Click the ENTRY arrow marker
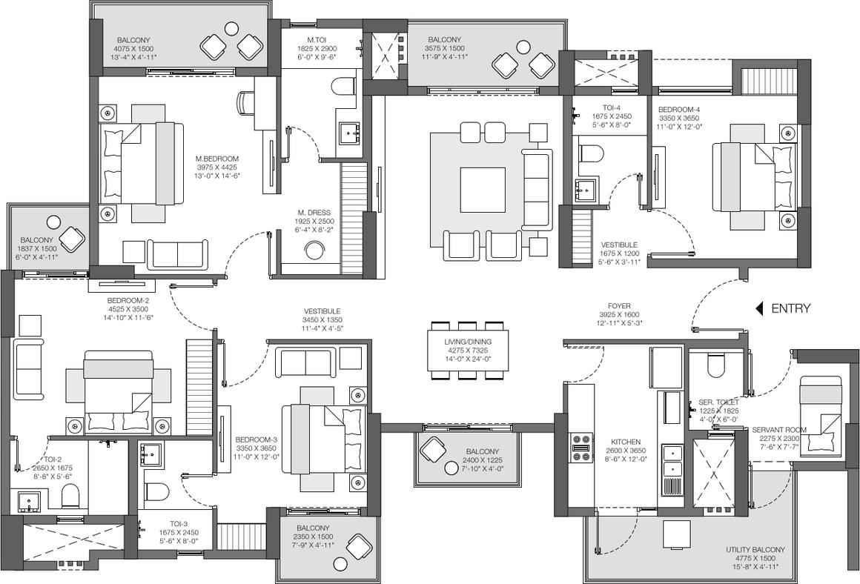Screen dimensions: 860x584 coord(759,309)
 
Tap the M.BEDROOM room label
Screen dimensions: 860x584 coord(217,159)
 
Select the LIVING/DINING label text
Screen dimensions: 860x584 coord(469,342)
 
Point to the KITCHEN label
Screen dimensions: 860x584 coord(626,442)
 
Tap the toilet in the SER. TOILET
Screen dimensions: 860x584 coord(715,365)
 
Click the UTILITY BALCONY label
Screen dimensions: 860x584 coord(755,549)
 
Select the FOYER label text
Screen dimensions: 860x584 coord(619,306)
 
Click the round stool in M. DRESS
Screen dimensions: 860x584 coord(315,250)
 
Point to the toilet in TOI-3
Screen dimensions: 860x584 coord(156,491)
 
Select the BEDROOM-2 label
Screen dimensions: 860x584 coord(128,300)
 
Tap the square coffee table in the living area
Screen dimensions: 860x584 coord(482,189)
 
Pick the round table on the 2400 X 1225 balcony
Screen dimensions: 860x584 coord(452,468)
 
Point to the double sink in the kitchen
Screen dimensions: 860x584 coord(672,461)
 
